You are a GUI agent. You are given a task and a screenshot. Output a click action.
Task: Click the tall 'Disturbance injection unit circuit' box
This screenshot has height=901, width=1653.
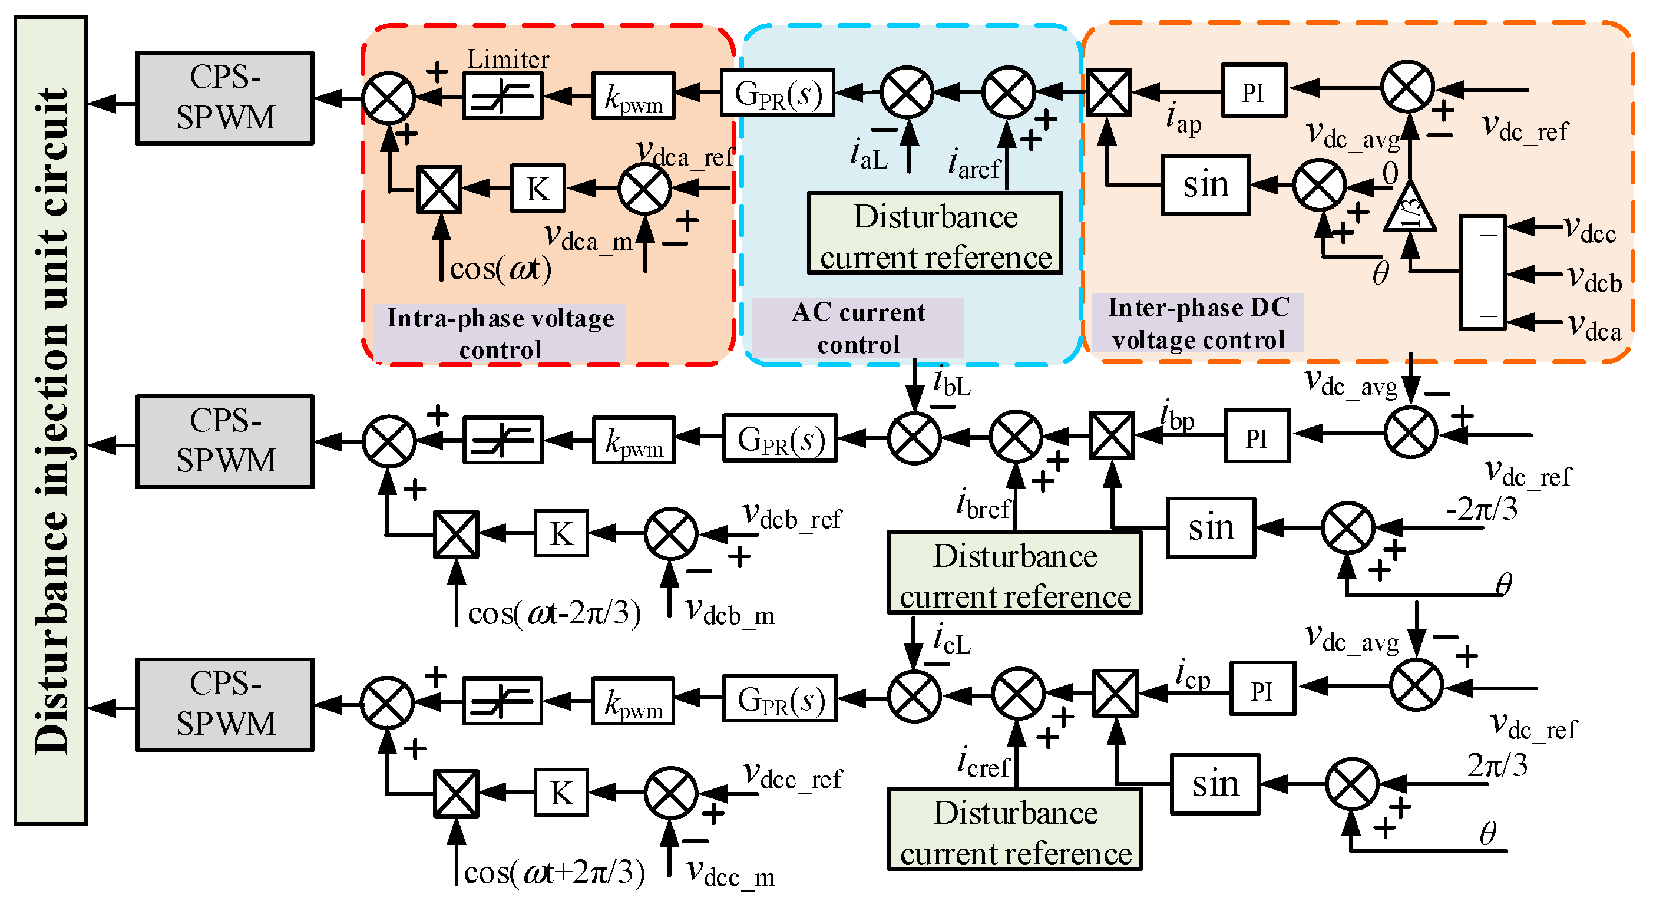tap(51, 420)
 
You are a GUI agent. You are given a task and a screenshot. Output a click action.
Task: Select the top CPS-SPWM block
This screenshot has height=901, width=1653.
tap(224, 98)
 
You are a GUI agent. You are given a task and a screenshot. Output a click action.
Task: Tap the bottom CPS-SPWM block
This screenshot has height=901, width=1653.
tap(224, 704)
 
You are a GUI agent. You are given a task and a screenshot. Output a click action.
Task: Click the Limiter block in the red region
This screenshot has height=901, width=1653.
tap(502, 96)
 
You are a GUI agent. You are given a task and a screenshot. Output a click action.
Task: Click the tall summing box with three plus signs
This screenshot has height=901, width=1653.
tap(1482, 273)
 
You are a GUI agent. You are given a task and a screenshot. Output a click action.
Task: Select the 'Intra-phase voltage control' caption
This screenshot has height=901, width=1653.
tap(500, 334)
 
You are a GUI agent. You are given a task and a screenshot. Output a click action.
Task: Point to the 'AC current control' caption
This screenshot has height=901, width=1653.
tap(858, 328)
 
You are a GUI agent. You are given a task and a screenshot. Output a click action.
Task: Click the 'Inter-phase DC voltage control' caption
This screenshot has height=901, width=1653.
tap(1198, 324)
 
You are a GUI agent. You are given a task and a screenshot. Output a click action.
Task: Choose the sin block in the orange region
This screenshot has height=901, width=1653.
tap(1206, 185)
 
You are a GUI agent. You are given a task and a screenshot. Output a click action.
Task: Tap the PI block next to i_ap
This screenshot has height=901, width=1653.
tap(1253, 91)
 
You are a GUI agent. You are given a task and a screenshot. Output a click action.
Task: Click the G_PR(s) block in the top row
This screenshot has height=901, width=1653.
tap(777, 94)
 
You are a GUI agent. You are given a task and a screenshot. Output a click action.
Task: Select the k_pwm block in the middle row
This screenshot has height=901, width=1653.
tap(633, 440)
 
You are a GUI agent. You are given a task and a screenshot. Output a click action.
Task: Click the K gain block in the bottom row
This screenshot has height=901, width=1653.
tap(561, 793)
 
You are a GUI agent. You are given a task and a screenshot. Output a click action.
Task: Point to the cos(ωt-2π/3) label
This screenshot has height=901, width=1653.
tap(554, 613)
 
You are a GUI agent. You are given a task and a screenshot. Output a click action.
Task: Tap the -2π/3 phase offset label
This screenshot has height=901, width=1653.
tap(1482, 510)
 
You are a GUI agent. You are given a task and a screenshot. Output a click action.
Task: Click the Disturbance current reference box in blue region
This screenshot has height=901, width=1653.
tap(935, 233)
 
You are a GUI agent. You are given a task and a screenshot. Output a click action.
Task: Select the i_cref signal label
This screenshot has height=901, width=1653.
tap(983, 764)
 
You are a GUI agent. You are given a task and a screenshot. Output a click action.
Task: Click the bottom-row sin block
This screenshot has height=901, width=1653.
tap(1215, 784)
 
